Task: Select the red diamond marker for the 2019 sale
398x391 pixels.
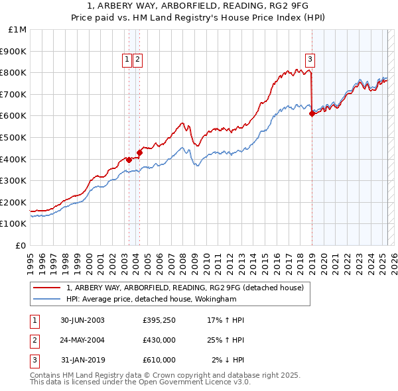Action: tap(312, 113)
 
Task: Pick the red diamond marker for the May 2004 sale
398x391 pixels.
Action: tap(139, 152)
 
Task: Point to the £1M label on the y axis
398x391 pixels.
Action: tap(18, 30)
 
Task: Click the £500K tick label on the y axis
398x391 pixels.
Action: tap(15, 137)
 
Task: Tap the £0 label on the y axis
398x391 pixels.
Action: tap(22, 245)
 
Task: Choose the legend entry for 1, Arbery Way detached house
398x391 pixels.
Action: tap(184, 288)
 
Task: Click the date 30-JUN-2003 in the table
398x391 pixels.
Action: tap(82, 320)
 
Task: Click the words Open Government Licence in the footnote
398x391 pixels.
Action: tap(192, 382)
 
